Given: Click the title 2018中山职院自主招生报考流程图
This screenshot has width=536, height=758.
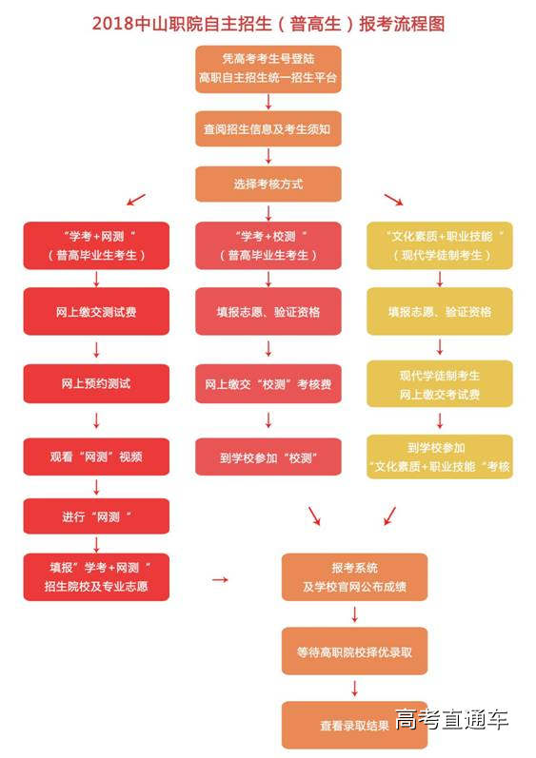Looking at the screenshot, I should pos(268,23).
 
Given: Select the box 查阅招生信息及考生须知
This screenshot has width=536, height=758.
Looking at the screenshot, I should pos(268,128).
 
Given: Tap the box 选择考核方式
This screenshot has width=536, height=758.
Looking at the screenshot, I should pos(268,184).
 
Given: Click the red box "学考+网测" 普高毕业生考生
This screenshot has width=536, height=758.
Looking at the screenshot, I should pos(96,245).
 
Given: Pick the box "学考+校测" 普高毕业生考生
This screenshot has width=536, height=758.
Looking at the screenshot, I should pos(268,245).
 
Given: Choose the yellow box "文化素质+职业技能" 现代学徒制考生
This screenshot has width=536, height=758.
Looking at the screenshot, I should pos(439,245).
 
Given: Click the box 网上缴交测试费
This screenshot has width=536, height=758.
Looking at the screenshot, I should pos(96,311).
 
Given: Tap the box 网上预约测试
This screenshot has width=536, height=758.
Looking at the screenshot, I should pos(96,383).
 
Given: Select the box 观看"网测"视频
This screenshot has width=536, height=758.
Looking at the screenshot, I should pos(96,457).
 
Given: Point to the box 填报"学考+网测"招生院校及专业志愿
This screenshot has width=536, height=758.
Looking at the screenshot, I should pos(96,576).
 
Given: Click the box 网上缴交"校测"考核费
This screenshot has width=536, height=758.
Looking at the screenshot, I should pos(268,384).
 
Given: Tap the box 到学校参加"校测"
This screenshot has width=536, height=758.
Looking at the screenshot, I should pos(268,457).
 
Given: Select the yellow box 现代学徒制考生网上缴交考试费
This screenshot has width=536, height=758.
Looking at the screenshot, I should pos(439,384).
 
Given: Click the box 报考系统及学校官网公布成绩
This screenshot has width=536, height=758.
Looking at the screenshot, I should pos(354,576).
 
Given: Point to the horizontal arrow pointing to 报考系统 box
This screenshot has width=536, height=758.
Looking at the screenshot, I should pos(220,578).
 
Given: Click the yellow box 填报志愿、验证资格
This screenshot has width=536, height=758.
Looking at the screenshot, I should pos(439,311).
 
